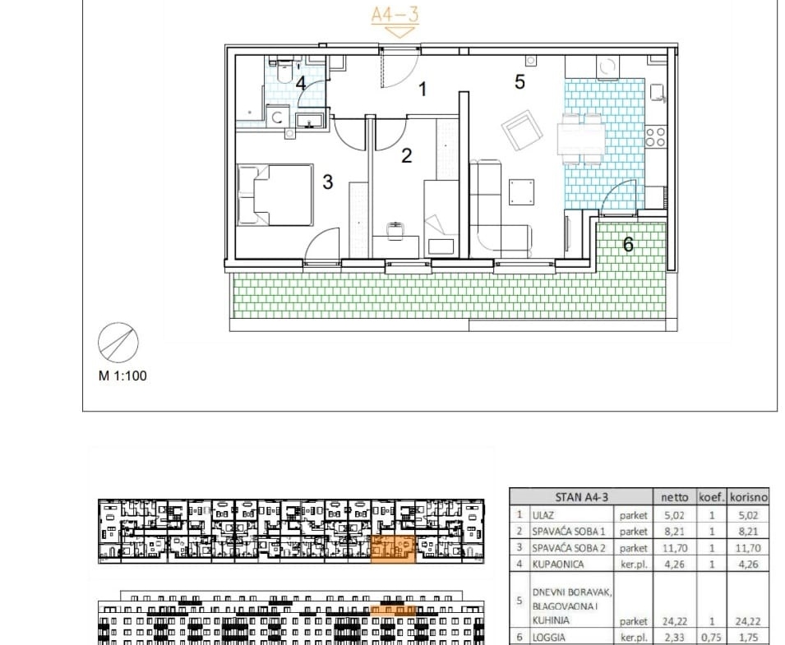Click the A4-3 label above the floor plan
pyautogui.click(x=395, y=14)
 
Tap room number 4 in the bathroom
pyautogui.click(x=300, y=83)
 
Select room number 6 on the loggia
pyautogui.click(x=628, y=244)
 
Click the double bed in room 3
pyautogui.click(x=275, y=195)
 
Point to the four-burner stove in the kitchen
pyautogui.click(x=655, y=136)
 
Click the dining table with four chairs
pyautogui.click(x=581, y=139)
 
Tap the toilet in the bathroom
pyautogui.click(x=284, y=71)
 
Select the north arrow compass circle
pyautogui.click(x=118, y=343)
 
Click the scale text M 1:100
pyautogui.click(x=122, y=375)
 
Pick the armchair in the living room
pyautogui.click(x=522, y=130)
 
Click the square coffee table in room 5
pyautogui.click(x=522, y=192)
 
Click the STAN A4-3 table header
pyautogui.click(x=581, y=497)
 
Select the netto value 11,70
pyautogui.click(x=674, y=548)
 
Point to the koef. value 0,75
pyautogui.click(x=711, y=638)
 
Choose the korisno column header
pyautogui.click(x=749, y=497)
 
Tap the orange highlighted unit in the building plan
pyautogui.click(x=393, y=548)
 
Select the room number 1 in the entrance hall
pyautogui.click(x=423, y=89)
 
